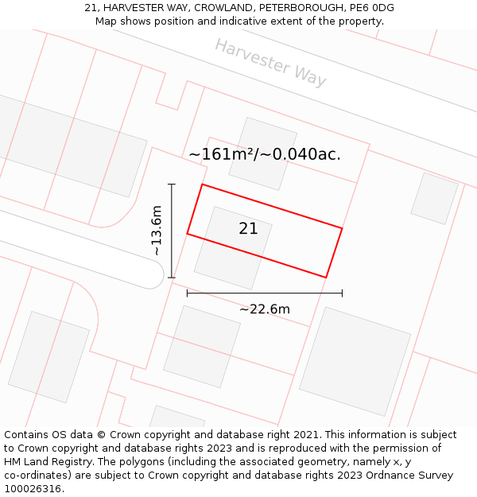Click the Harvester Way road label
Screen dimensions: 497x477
tap(270, 62)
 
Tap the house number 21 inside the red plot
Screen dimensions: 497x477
tap(248, 229)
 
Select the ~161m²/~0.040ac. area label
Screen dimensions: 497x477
tap(265, 154)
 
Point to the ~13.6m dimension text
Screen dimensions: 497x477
tap(157, 231)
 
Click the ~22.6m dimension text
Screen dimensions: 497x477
tap(265, 309)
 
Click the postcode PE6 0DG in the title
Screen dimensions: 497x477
tap(371, 8)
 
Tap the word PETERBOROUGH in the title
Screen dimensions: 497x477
tap(301, 8)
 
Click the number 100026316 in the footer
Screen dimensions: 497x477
tap(32, 488)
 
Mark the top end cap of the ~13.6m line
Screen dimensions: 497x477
tap(172, 184)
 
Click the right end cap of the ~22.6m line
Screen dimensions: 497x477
tap(342, 293)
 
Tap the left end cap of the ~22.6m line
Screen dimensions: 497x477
tap(188, 293)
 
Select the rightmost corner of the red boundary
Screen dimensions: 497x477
tap(342, 228)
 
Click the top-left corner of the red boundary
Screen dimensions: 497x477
tap(203, 184)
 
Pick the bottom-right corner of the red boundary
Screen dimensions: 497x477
tap(326, 278)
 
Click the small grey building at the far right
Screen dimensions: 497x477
tap(434, 198)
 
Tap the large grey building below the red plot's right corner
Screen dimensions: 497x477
tap(355, 360)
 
